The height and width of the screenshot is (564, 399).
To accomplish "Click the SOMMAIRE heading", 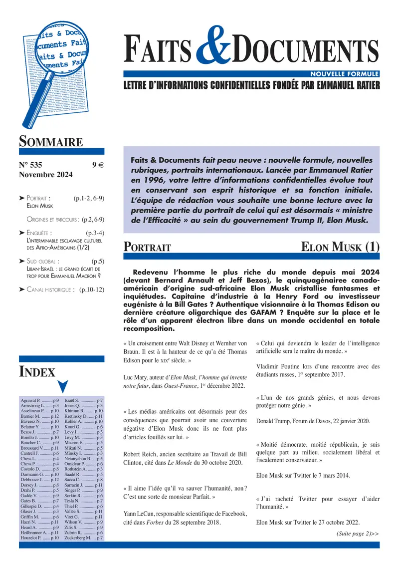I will click(51, 142).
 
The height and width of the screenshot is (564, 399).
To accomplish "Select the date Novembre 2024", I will click(45, 175).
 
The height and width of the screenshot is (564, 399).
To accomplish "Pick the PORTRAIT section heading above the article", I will click(148, 248).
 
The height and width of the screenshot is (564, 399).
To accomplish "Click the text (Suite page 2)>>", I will click(357, 534).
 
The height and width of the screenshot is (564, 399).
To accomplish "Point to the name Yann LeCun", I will click(138, 513).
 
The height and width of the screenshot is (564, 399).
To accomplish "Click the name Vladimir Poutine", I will click(277, 366).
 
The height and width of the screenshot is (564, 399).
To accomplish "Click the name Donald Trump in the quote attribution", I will click(275, 421).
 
